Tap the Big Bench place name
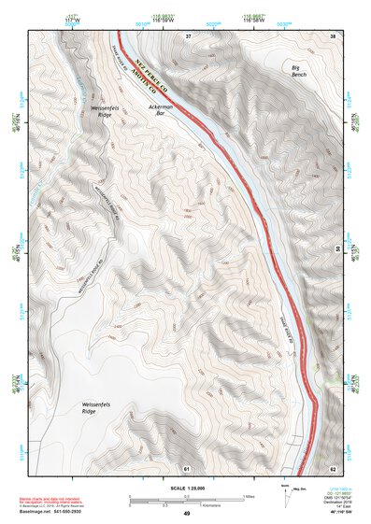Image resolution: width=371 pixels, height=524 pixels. click(x=298, y=72)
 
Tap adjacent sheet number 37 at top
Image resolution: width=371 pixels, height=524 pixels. click(x=187, y=35)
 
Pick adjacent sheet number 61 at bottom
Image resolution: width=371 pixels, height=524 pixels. click(x=187, y=467)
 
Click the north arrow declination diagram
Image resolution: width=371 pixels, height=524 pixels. click(x=286, y=494)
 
